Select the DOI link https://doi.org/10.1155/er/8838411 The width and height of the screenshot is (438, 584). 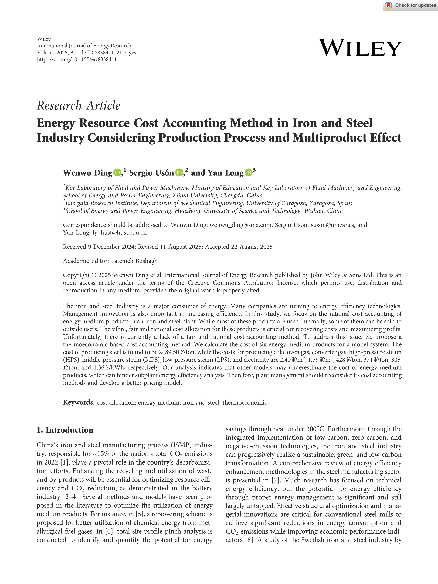click(x=77, y=59)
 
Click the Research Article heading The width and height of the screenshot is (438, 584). click(x=78, y=105)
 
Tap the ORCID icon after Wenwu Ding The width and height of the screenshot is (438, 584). click(x=117, y=173)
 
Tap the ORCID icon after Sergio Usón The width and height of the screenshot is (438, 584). click(x=179, y=173)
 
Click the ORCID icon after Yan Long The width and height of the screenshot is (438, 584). click(x=248, y=173)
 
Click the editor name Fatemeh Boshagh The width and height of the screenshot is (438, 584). click(x=134, y=261)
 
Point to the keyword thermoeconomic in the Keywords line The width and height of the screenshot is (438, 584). click(x=245, y=403)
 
